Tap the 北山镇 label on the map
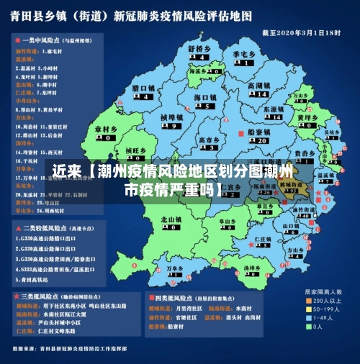[171, 219]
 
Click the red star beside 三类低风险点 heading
[16, 296]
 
